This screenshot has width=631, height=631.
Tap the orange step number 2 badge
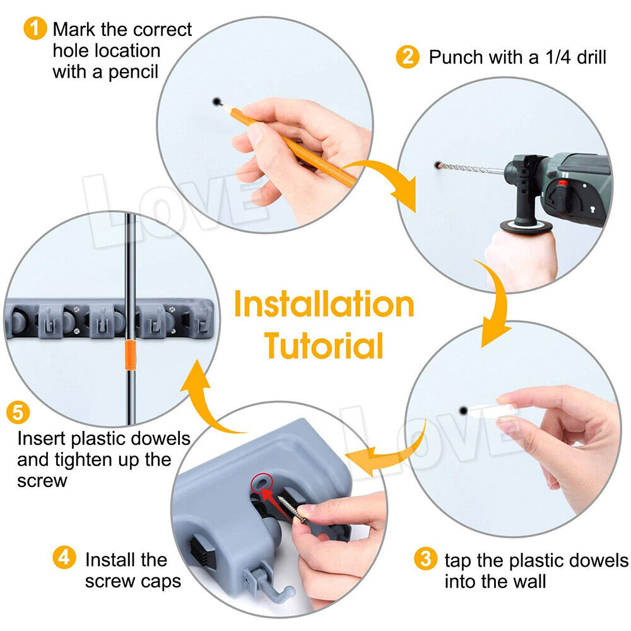click(408, 57)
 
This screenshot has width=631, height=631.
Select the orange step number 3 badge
click(426, 559)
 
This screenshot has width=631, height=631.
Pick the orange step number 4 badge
click(63, 558)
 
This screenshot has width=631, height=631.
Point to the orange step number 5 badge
click(18, 413)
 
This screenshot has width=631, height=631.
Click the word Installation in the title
click(324, 305)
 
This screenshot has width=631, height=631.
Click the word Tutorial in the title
click(324, 345)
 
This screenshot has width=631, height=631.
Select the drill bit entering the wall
click(470, 169)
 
